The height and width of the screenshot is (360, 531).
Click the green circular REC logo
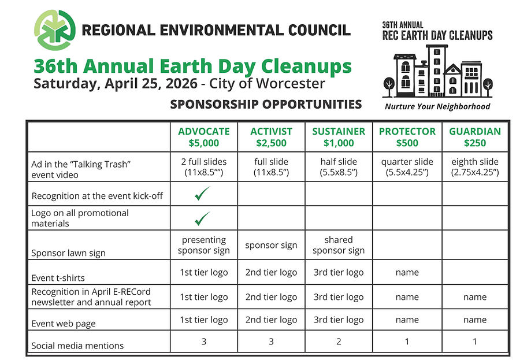tap(54, 30)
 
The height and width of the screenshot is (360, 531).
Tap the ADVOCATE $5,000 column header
tap(203, 137)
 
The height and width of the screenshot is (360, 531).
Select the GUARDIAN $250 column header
tap(474, 137)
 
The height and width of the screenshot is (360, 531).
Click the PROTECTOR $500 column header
tap(407, 137)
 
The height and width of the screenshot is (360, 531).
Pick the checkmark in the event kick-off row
tap(203, 195)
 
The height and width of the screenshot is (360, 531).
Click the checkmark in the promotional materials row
tap(203, 218)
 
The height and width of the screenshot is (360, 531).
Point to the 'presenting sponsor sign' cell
tap(203, 245)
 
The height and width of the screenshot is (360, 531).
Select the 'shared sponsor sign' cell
tap(339, 245)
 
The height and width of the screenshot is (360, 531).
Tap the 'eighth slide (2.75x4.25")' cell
tap(474, 167)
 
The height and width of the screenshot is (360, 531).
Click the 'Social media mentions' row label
tap(77, 346)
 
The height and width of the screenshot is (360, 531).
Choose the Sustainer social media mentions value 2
tap(339, 342)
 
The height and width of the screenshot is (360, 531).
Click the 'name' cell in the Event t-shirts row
tap(407, 272)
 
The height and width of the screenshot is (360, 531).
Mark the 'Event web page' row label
tap(64, 324)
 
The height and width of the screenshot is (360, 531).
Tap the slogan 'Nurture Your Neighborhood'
tap(437, 106)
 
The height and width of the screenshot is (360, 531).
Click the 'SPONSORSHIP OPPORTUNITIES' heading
tap(266, 105)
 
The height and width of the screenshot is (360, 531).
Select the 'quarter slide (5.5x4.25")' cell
tap(407, 167)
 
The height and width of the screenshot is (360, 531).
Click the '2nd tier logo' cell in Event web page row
tap(271, 320)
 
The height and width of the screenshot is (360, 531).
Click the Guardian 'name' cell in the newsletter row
tap(474, 297)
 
